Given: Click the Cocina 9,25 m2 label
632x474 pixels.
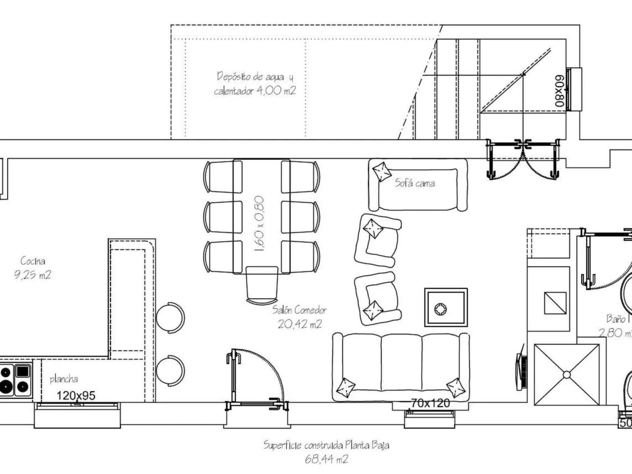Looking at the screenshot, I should [x=33, y=268].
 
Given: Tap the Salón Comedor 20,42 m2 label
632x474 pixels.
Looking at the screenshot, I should [x=299, y=317].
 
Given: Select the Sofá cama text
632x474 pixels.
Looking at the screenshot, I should [x=415, y=183].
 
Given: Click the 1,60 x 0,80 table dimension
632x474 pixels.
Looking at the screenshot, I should [x=259, y=224].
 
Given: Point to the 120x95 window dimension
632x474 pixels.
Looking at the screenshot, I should [x=76, y=395].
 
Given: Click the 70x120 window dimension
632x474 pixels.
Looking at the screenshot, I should [x=430, y=403].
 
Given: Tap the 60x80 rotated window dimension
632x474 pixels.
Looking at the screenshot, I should [x=560, y=91].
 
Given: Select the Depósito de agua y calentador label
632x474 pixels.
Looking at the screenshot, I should [x=255, y=83].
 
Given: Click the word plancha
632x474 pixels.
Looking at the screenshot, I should [x=64, y=379].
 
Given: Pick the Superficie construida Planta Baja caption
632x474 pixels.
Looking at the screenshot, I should [x=326, y=452].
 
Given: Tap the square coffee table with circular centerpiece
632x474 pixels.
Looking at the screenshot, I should [x=445, y=308].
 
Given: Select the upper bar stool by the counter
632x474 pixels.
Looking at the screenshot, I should [x=171, y=318].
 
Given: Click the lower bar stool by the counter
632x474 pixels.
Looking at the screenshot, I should [x=171, y=371].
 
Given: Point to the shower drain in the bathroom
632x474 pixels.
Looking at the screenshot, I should [x=566, y=375].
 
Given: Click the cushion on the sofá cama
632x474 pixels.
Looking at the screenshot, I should [x=381, y=172].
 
